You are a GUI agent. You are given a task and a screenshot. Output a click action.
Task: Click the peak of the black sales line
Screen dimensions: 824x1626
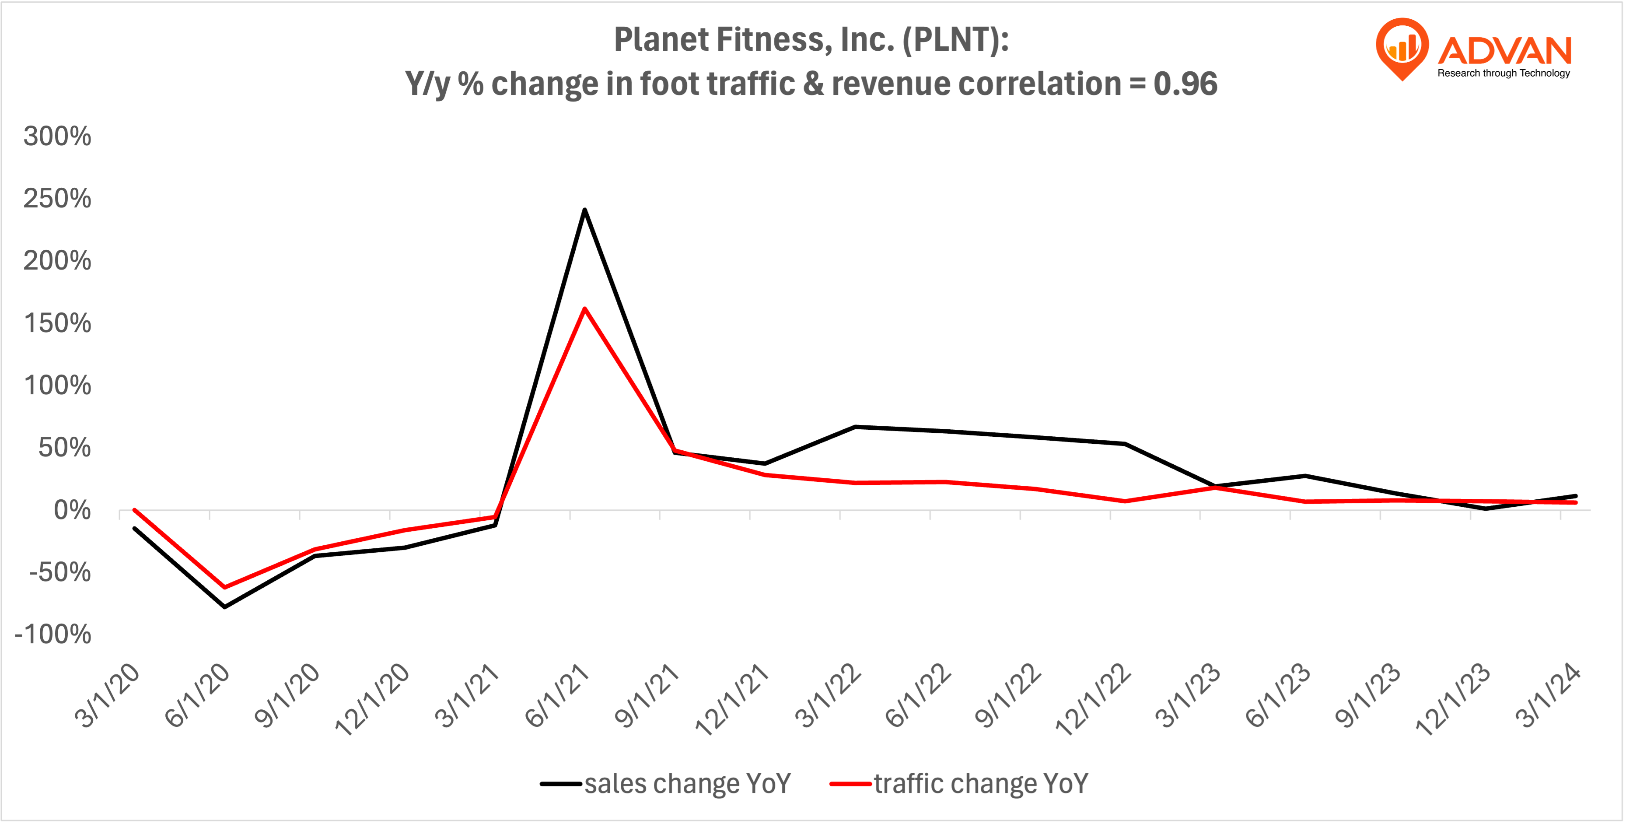[x=584, y=210]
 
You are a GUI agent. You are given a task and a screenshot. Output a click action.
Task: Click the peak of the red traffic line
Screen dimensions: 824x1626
[x=584, y=309]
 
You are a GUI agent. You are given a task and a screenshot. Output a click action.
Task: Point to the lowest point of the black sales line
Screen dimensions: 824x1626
[x=225, y=607]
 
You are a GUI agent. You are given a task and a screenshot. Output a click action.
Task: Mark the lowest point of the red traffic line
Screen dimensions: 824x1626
[x=225, y=587]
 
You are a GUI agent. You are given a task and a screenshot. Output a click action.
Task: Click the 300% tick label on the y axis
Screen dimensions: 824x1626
[x=57, y=137]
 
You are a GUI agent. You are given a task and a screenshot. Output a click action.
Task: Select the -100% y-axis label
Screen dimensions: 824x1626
[x=53, y=634]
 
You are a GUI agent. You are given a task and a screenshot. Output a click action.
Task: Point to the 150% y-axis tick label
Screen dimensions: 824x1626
[x=57, y=323]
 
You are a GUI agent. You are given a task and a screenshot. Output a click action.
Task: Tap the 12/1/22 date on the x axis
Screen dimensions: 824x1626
[x=1093, y=700]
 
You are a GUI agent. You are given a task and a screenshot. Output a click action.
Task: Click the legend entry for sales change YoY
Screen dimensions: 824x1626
[x=666, y=784]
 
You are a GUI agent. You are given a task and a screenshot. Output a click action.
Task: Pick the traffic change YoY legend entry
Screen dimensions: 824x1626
[x=959, y=784]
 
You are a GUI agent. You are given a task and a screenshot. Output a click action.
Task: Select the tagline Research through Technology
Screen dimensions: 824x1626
[x=1504, y=73]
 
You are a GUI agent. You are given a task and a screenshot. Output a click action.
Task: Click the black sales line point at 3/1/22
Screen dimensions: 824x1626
[x=855, y=427]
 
